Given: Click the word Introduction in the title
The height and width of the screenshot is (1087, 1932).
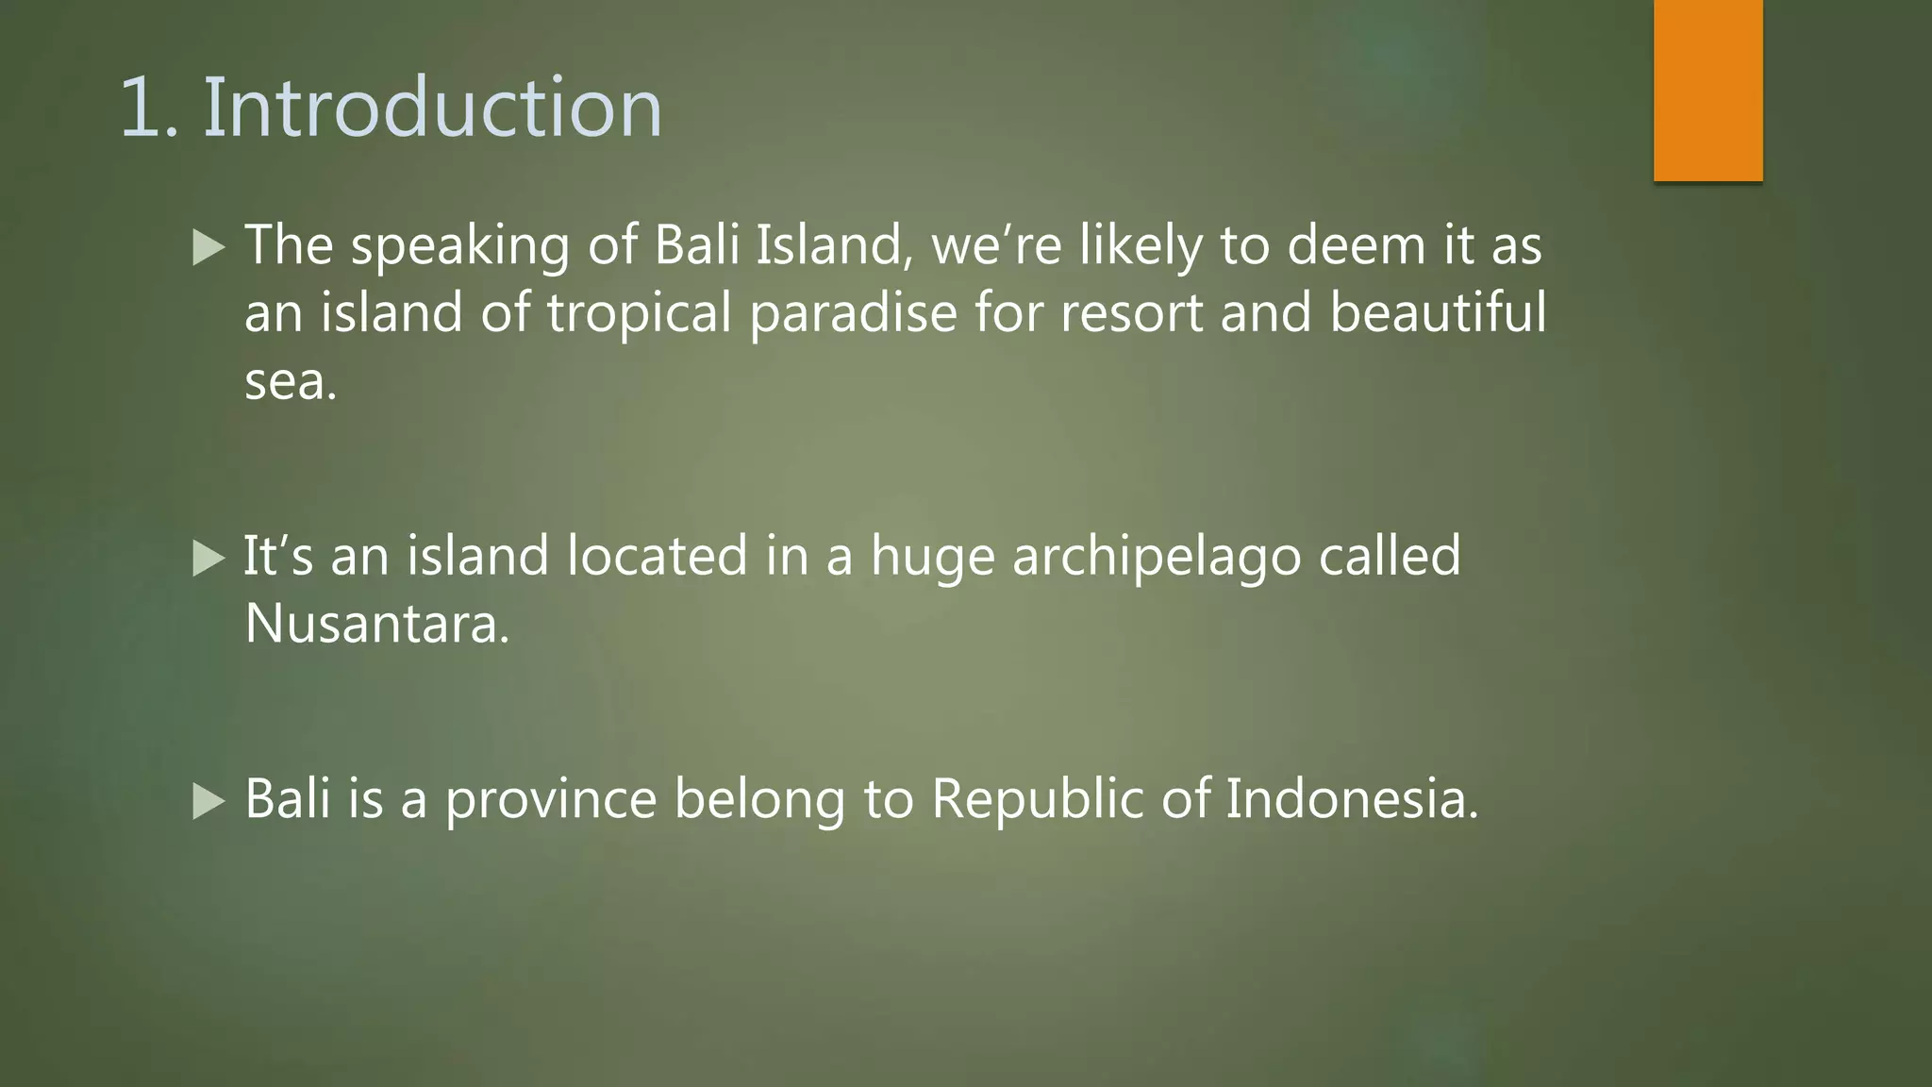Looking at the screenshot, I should (x=433, y=109).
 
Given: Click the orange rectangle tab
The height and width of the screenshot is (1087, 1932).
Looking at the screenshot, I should (x=1707, y=90).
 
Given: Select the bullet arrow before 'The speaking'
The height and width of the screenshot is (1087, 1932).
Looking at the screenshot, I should (x=208, y=247).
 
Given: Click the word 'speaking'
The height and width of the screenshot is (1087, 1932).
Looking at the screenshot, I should (x=460, y=247).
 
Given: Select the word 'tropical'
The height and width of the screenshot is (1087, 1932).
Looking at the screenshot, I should (x=639, y=313).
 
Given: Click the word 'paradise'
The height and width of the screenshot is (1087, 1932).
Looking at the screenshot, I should (x=853, y=313).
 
